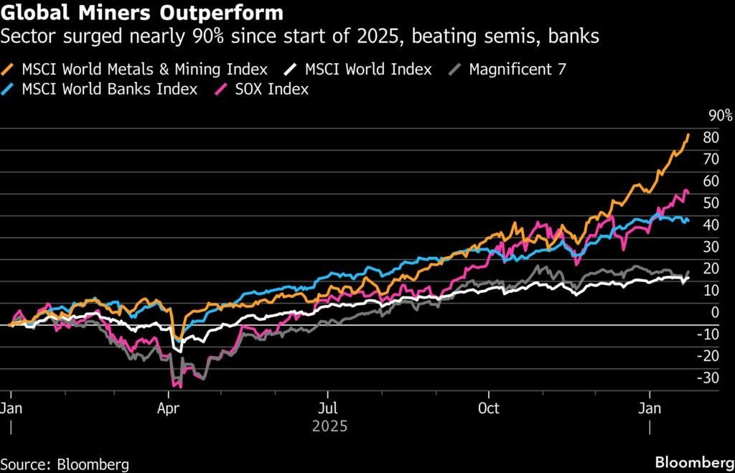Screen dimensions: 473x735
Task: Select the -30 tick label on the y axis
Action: [711, 378]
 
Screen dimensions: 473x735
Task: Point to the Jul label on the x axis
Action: [328, 409]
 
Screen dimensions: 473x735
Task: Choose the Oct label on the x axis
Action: [488, 409]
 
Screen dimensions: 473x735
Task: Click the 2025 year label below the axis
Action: [330, 427]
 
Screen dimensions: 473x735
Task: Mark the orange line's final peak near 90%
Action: [688, 134]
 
